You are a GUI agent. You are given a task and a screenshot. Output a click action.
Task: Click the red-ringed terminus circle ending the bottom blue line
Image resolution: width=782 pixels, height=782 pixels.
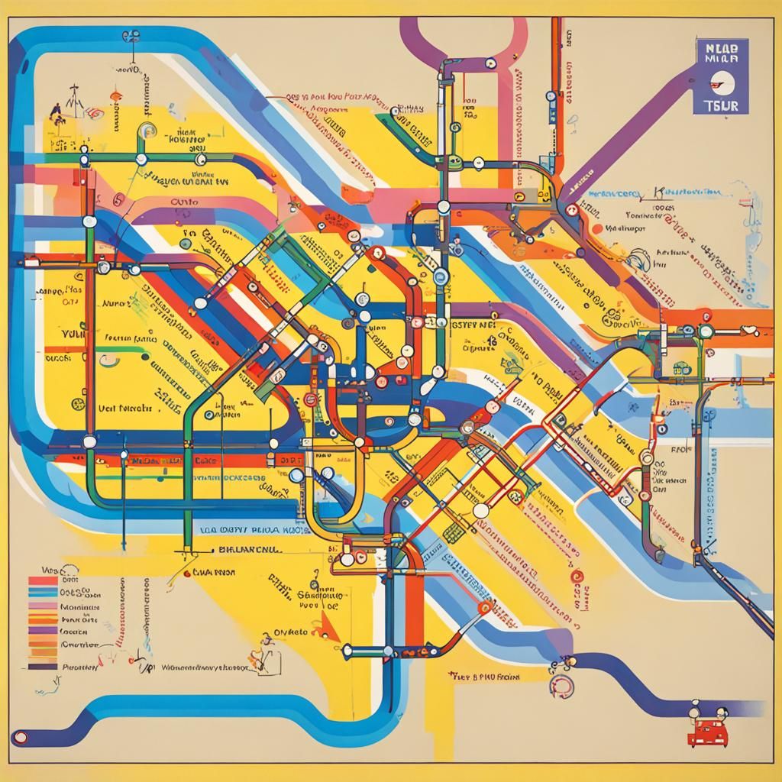[21, 738]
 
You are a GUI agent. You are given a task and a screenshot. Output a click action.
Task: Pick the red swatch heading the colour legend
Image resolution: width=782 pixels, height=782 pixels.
[43, 580]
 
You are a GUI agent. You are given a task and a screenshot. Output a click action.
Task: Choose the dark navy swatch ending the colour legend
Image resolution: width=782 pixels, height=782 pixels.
[43, 666]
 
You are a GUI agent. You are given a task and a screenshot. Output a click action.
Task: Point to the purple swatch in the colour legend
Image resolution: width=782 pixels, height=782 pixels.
[43, 632]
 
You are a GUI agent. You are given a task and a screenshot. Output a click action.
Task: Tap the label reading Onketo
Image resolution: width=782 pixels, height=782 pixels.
[288, 632]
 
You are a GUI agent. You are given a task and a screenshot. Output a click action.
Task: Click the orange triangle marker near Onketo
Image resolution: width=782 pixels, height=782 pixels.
[328, 628]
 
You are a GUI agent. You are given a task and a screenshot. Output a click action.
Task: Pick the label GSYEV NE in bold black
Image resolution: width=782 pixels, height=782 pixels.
[474, 324]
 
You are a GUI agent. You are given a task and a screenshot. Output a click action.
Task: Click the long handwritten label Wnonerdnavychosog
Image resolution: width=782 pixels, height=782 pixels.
[206, 667]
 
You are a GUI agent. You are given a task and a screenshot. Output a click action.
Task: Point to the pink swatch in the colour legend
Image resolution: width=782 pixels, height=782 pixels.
[43, 607]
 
